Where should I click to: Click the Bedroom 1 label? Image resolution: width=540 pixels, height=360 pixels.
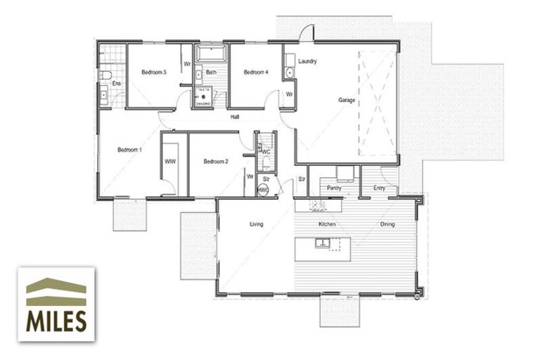[129, 150]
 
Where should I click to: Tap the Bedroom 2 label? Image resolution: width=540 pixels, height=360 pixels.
[216, 162]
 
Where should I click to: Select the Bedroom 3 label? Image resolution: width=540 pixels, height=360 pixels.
[153, 72]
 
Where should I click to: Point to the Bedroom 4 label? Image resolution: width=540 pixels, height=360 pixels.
[256, 72]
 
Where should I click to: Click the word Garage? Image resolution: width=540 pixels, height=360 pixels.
[347, 101]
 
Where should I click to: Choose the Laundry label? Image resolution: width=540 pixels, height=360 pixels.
[307, 61]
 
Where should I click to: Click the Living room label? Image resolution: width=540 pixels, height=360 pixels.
[256, 224]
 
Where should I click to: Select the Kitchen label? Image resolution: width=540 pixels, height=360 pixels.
[327, 224]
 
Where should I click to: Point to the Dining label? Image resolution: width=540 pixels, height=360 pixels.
[387, 224]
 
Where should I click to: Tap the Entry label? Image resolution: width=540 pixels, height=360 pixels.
[379, 188]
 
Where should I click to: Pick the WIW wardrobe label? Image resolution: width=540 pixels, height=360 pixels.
[169, 162]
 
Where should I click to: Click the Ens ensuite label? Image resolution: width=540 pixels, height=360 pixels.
[117, 84]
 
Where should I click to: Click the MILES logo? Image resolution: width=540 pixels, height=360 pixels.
[56, 304]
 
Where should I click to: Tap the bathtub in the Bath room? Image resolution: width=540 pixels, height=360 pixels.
[210, 54]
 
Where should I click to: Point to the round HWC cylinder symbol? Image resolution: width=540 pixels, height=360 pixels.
[264, 190]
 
